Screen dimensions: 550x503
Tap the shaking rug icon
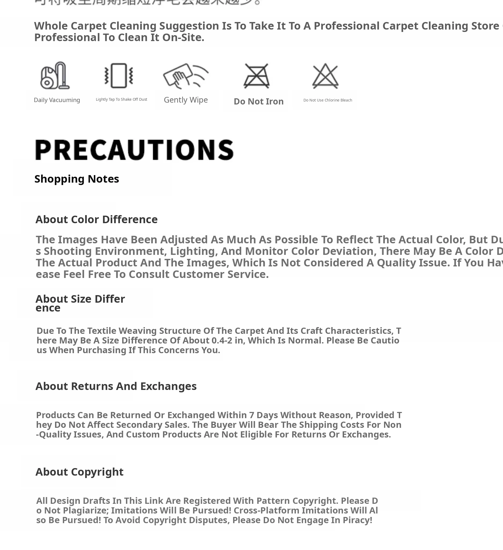pyautogui.click(x=119, y=75)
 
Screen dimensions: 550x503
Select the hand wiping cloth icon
pyautogui.click(x=186, y=75)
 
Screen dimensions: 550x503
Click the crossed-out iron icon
pyautogui.click(x=257, y=76)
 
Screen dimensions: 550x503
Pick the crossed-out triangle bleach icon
pyautogui.click(x=325, y=76)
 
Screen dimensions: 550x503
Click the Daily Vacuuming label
pyautogui.click(x=57, y=100)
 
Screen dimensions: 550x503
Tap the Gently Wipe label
pyautogui.click(x=186, y=100)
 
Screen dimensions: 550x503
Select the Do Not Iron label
pyautogui.click(x=259, y=102)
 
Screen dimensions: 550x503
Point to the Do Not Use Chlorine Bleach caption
pyautogui.click(x=328, y=100)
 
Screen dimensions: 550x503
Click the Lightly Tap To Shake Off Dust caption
pyautogui.click(x=121, y=99)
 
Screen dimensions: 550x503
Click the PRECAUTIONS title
pyautogui.click(x=134, y=150)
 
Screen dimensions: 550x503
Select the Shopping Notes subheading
pyautogui.click(x=77, y=179)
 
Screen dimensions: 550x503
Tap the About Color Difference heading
pyautogui.click(x=97, y=219)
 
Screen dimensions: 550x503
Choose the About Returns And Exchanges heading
pyautogui.click(x=116, y=386)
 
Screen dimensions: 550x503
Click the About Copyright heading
pyautogui.click(x=79, y=472)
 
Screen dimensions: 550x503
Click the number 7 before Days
pyautogui.click(x=251, y=415)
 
